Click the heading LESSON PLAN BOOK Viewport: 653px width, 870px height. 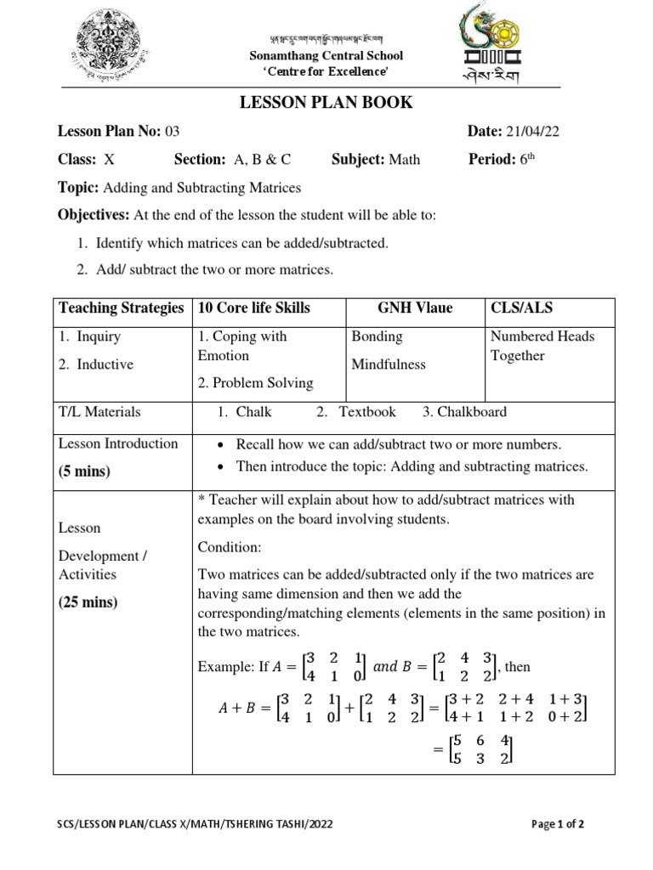[327, 103]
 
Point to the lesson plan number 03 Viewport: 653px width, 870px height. [173, 131]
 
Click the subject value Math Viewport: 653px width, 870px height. [404, 159]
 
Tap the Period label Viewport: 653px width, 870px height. [492, 159]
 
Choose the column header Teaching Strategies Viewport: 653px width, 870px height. [122, 308]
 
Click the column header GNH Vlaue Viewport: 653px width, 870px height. [415, 308]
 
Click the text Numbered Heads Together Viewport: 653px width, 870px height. [542, 346]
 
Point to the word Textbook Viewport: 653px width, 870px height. [367, 412]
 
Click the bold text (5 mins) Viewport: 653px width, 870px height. [84, 471]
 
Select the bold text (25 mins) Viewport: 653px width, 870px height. [88, 602]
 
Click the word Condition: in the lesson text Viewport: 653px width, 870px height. [230, 545]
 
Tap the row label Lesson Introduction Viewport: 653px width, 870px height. [118, 443]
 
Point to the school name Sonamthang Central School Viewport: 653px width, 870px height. [326, 55]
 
